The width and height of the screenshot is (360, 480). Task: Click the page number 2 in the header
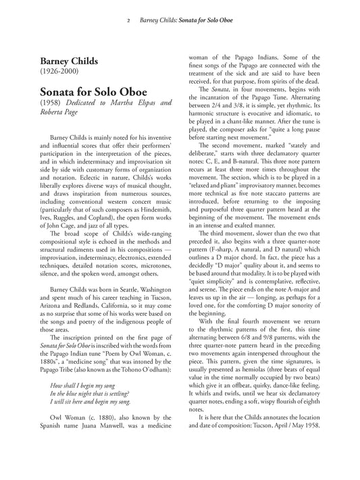(x=128, y=21)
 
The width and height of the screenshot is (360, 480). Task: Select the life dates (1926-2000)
(x=62, y=70)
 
